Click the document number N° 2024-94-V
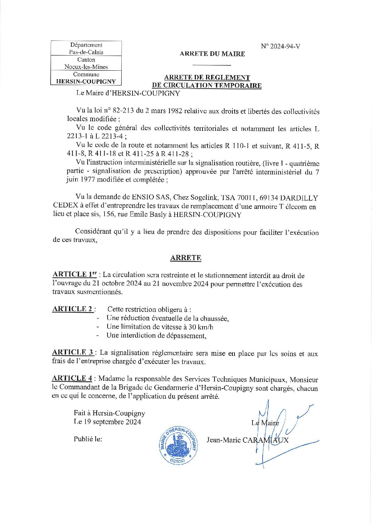click(280, 46)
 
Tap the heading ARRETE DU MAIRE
click(212, 54)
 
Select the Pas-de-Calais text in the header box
click(86, 52)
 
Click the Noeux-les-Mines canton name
click(86, 67)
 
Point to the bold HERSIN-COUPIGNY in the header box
click(86, 81)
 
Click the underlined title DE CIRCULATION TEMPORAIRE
click(207, 85)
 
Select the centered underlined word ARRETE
click(186, 258)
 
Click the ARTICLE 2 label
click(73, 309)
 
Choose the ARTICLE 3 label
click(73, 352)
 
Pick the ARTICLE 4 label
click(72, 378)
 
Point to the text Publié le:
click(88, 439)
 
